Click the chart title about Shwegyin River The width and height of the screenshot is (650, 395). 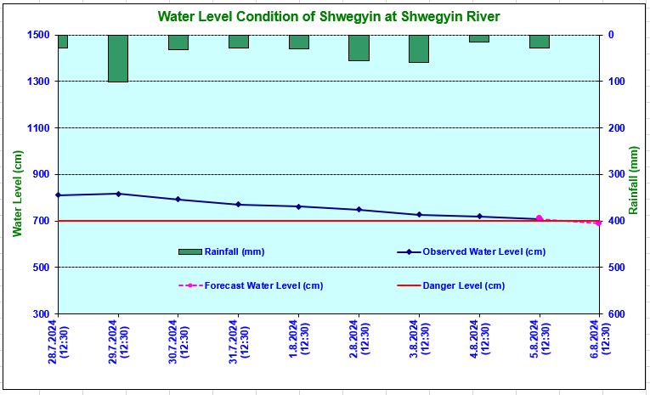point(328,17)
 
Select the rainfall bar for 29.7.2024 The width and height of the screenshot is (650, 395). point(118,59)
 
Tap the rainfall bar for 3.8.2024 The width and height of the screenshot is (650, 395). point(419,48)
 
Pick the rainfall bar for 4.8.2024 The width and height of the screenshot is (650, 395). point(479,38)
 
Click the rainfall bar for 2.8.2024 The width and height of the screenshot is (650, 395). point(359,48)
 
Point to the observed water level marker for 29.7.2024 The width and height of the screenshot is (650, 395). point(118,194)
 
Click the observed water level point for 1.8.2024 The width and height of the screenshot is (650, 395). point(298,206)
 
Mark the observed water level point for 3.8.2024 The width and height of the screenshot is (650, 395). point(419,215)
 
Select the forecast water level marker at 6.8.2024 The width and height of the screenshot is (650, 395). point(599,223)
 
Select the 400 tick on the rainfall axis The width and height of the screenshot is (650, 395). point(616,221)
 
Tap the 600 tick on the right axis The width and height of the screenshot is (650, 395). point(616,314)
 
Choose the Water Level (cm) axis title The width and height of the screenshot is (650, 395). point(16,194)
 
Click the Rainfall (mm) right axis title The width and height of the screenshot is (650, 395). point(634,179)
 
